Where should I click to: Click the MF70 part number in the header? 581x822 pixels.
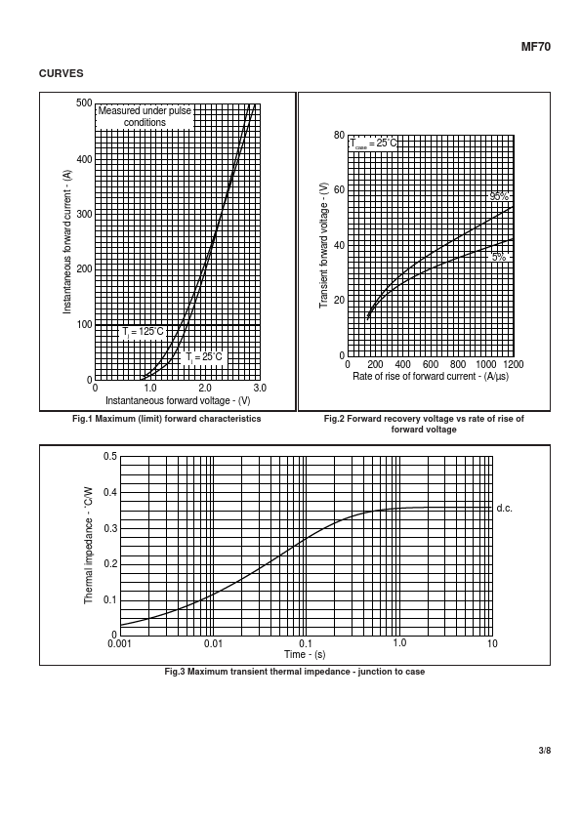(535, 47)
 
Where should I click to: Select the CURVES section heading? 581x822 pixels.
(61, 73)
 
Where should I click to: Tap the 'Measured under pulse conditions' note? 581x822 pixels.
(145, 116)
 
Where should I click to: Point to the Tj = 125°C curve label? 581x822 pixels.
(143, 332)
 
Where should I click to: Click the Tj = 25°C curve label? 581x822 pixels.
(204, 357)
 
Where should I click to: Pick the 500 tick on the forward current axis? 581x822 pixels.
(84, 103)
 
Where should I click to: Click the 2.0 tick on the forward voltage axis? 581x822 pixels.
(204, 388)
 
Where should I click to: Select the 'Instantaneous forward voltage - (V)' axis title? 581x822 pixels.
(178, 401)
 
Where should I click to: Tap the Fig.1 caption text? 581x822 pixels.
(167, 419)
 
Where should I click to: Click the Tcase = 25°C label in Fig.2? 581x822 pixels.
(373, 144)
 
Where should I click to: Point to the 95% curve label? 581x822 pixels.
(499, 196)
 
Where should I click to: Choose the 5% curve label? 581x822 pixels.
(499, 257)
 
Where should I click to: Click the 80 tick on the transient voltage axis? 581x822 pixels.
(339, 136)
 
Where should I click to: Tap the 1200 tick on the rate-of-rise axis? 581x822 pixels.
(513, 364)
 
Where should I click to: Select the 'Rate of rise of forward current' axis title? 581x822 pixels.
(431, 377)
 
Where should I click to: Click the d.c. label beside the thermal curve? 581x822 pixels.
(505, 508)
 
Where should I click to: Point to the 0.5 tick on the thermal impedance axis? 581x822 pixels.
(110, 456)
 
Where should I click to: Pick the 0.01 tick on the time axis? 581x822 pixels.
(213, 643)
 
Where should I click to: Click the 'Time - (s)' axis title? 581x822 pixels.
(305, 654)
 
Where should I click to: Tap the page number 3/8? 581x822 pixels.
(545, 750)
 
